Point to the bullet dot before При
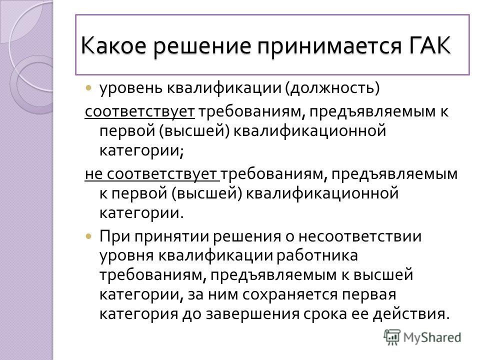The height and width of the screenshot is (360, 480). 88,236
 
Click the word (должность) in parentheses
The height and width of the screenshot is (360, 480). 332,88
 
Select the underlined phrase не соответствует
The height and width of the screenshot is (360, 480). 152,173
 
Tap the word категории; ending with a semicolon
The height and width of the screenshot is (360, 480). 141,150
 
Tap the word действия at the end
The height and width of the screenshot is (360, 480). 411,314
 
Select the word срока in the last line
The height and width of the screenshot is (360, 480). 325,314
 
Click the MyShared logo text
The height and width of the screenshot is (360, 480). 432,337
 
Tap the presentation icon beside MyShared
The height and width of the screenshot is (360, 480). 392,337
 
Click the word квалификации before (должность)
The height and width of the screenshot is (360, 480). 224,88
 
